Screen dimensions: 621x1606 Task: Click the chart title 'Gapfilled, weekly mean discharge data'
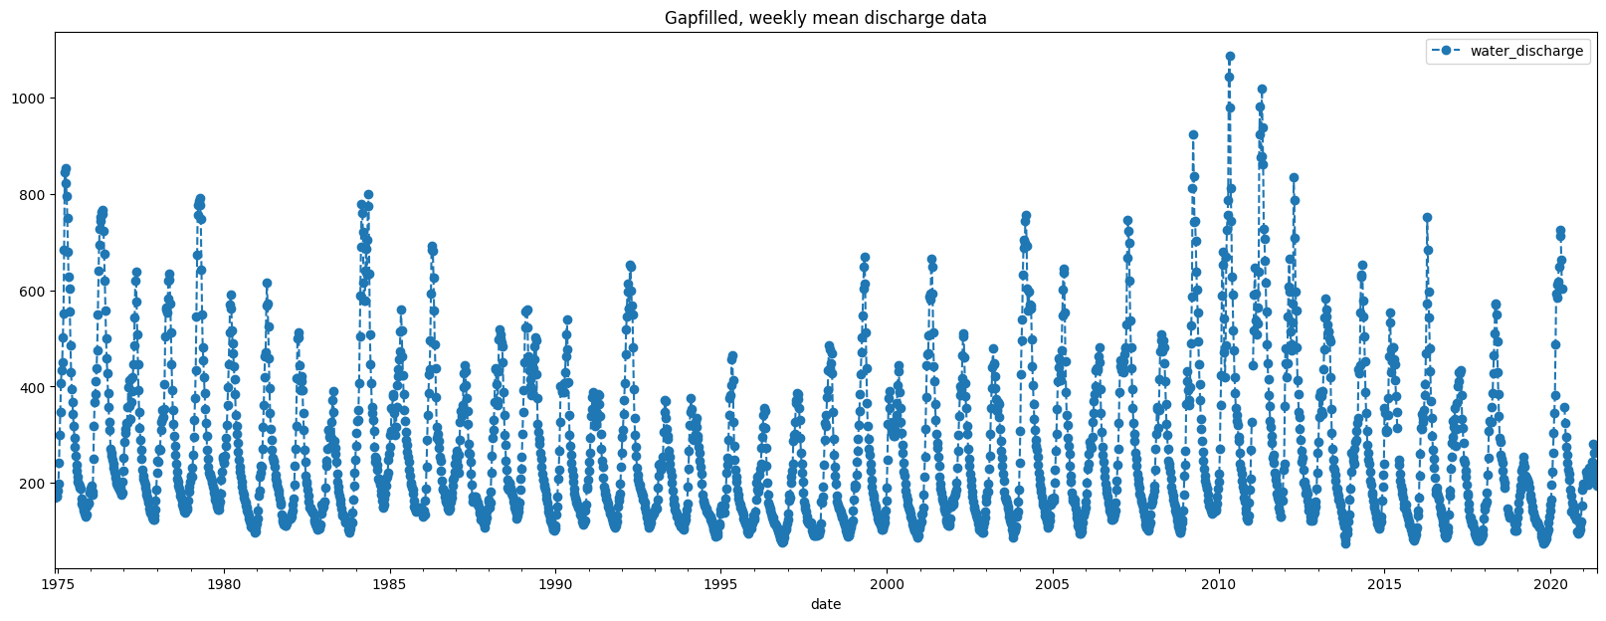click(825, 18)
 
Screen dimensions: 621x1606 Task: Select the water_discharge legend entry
click(1526, 51)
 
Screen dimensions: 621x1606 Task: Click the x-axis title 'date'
click(825, 604)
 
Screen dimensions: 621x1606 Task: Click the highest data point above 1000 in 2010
click(1230, 57)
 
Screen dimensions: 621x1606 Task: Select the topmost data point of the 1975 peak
click(66, 169)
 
